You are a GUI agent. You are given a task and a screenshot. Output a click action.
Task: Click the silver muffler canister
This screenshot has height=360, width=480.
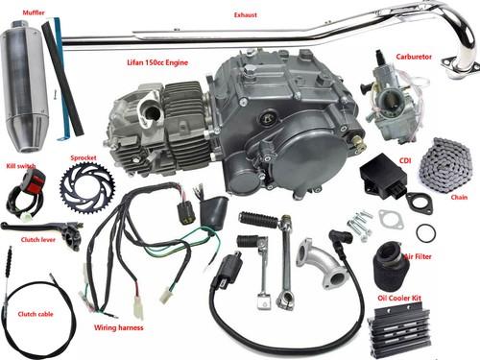click(x=25, y=84)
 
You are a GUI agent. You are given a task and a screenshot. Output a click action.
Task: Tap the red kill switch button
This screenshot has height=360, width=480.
click(x=35, y=177)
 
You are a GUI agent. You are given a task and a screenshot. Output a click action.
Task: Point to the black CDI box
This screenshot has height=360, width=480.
click(x=383, y=176)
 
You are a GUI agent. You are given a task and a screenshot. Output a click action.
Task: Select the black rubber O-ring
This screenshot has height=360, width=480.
click(x=426, y=232)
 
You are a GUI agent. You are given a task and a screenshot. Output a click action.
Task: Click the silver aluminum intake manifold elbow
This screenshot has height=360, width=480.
click(x=321, y=262)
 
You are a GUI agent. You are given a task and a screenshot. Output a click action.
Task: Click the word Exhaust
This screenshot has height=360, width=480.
click(x=246, y=14)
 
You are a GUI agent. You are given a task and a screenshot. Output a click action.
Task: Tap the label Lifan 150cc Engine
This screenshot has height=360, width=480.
click(x=157, y=62)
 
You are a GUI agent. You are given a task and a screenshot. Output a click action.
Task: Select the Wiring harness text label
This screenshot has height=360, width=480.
click(x=119, y=327)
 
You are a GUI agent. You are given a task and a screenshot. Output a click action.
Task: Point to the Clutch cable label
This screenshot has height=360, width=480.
click(x=36, y=314)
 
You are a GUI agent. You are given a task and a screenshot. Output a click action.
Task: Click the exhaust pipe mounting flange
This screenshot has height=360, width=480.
click(x=461, y=65)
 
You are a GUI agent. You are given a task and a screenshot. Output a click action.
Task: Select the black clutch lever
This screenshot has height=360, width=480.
click(x=39, y=229)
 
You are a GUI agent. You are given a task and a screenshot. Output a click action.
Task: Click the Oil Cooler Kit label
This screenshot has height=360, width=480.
click(x=399, y=298)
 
